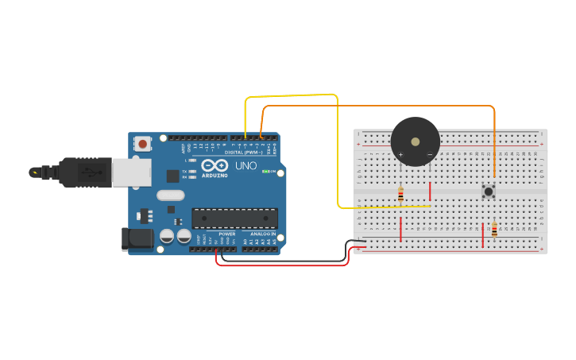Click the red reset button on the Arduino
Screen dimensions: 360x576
143,144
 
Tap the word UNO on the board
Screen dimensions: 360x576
245,166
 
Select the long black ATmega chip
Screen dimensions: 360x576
235,218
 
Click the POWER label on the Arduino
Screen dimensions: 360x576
227,234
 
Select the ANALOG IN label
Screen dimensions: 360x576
263,234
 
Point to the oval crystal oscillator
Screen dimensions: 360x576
170,195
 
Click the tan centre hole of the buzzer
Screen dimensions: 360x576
416,141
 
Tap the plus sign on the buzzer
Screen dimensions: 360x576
400,154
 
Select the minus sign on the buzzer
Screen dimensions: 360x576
430,154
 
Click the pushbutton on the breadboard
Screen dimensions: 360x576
489,191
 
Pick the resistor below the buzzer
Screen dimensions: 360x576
400,193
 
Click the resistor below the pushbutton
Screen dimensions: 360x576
494,230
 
